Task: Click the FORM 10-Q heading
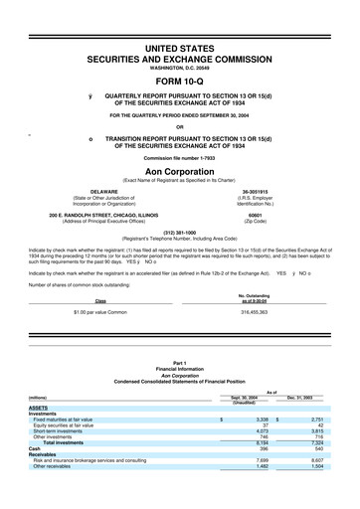pyautogui.click(x=180, y=83)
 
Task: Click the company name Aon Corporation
pyautogui.click(x=180, y=170)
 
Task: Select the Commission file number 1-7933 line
pyautogui.click(x=180, y=157)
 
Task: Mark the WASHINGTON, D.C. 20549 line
pyautogui.click(x=180, y=66)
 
